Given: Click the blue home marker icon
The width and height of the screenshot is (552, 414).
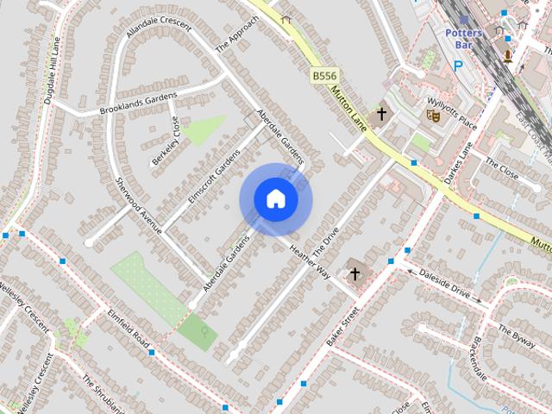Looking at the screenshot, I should point(275,199).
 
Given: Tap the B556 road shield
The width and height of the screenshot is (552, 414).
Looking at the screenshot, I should point(324,77).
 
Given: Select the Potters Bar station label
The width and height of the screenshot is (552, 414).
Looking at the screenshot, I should point(465,38).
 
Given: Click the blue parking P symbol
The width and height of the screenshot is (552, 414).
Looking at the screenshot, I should point(459,65).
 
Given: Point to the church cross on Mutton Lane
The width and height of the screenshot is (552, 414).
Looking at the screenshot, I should point(381,113).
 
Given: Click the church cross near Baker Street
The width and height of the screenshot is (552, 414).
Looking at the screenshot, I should point(354,274).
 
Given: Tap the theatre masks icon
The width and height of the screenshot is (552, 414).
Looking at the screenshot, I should point(433,112).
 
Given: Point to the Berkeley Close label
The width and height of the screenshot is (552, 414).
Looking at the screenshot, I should point(166,140).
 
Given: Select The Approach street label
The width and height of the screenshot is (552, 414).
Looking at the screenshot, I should point(236,34).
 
